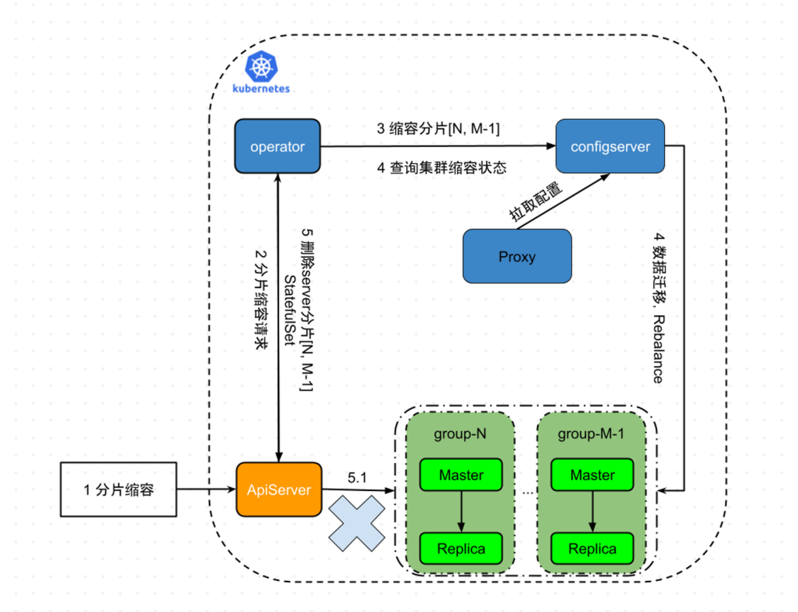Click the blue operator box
[x=277, y=147]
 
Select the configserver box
[x=610, y=147]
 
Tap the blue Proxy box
[x=517, y=256]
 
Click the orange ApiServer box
[x=279, y=489]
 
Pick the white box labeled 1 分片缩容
[x=119, y=489]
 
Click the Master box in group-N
[x=461, y=475]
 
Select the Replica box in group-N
[x=461, y=549]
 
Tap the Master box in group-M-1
[x=593, y=475]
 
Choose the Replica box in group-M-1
[x=593, y=549]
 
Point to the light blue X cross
[x=358, y=522]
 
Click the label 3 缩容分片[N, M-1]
[x=438, y=128]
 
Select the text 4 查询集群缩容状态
[x=442, y=168]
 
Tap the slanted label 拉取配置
[x=536, y=201]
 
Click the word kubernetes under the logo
[x=261, y=89]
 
